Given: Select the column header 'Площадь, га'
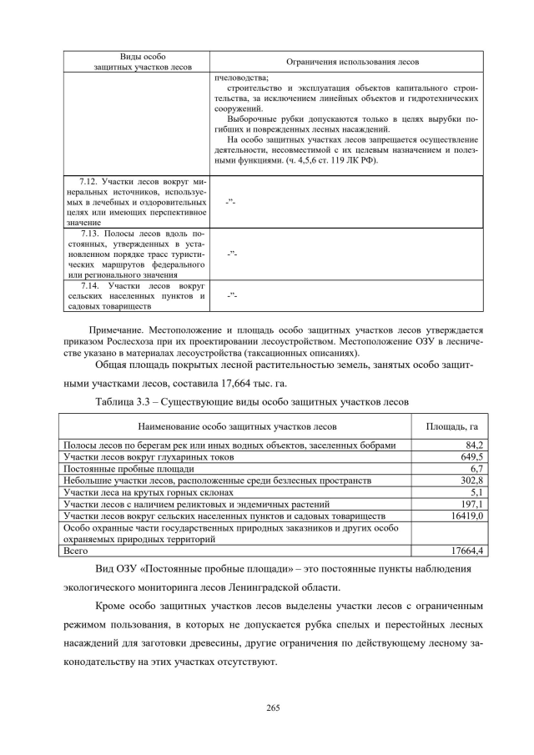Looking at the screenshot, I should (451, 427).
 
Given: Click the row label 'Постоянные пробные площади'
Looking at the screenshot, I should (119, 469).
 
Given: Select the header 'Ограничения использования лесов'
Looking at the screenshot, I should (352, 63).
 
